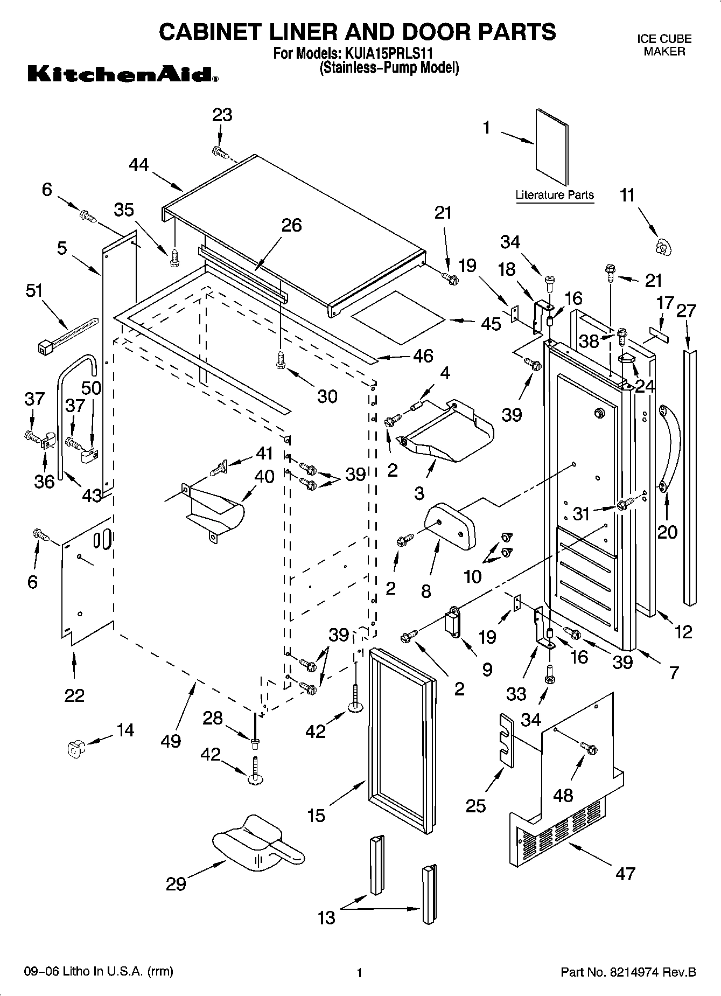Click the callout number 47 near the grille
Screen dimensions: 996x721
tap(625, 873)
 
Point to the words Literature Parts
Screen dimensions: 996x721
tap(554, 195)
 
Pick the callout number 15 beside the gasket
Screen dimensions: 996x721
tap(317, 816)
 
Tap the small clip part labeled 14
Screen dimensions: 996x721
tap(74, 748)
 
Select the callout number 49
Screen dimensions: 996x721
tap(171, 741)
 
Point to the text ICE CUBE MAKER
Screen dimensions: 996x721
tap(664, 45)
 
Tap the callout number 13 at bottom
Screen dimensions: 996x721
tap(326, 917)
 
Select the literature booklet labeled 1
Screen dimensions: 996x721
tap(552, 147)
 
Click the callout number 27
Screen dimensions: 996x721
tap(685, 311)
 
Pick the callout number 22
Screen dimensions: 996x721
tap(74, 695)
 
